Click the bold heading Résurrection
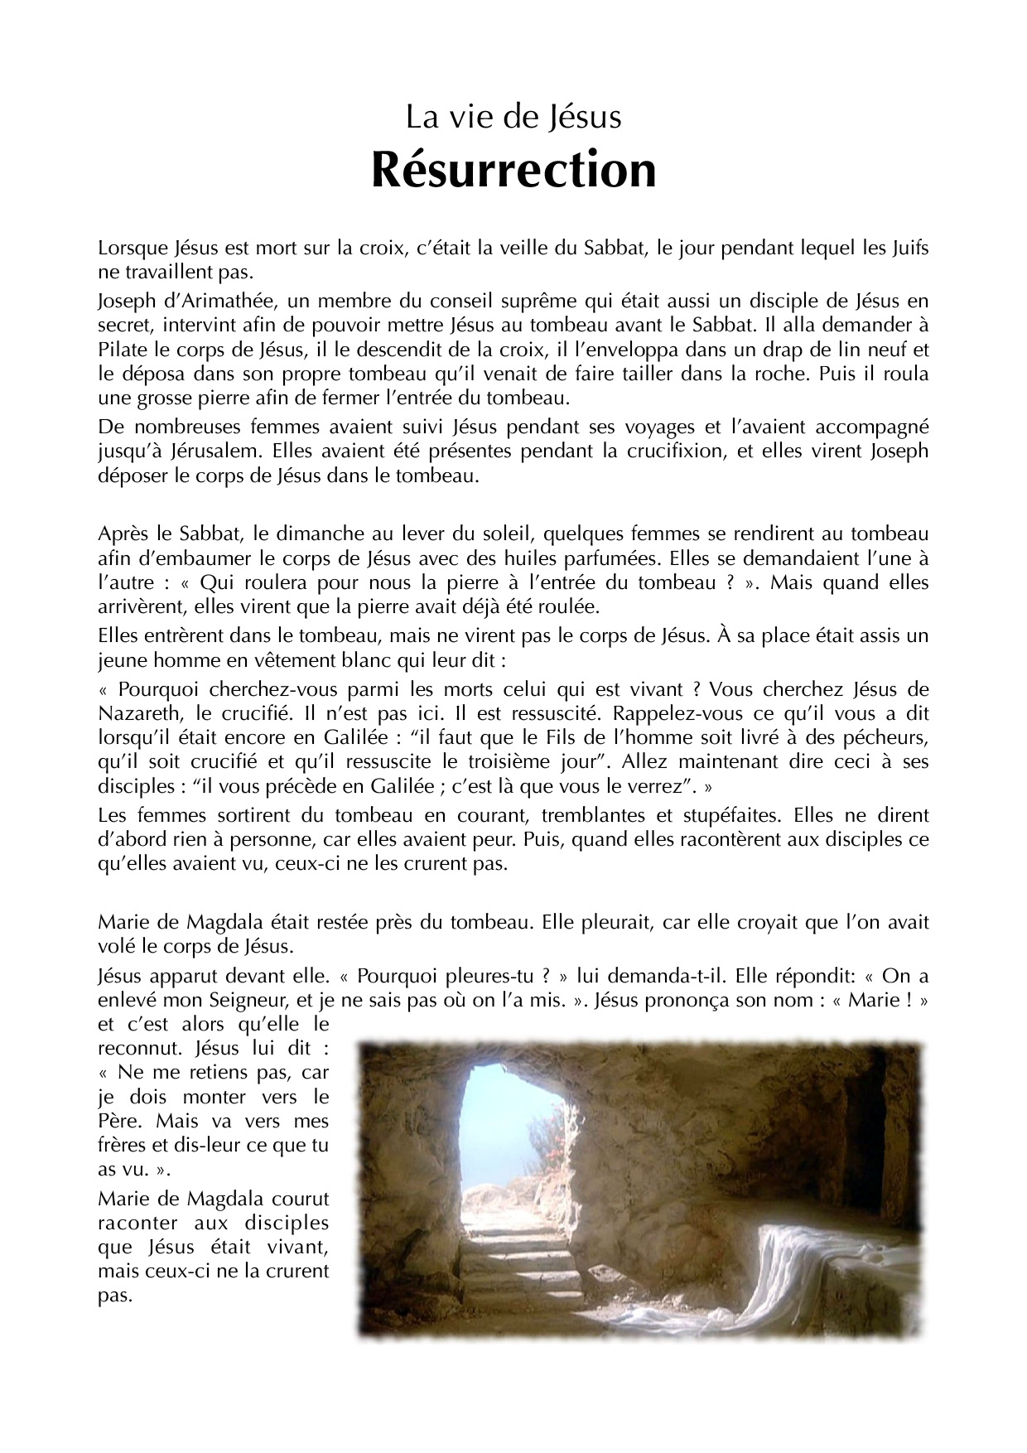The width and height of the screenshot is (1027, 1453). click(x=513, y=170)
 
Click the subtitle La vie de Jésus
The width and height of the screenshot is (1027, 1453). click(x=513, y=118)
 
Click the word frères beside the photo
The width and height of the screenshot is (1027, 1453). click(x=122, y=1146)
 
